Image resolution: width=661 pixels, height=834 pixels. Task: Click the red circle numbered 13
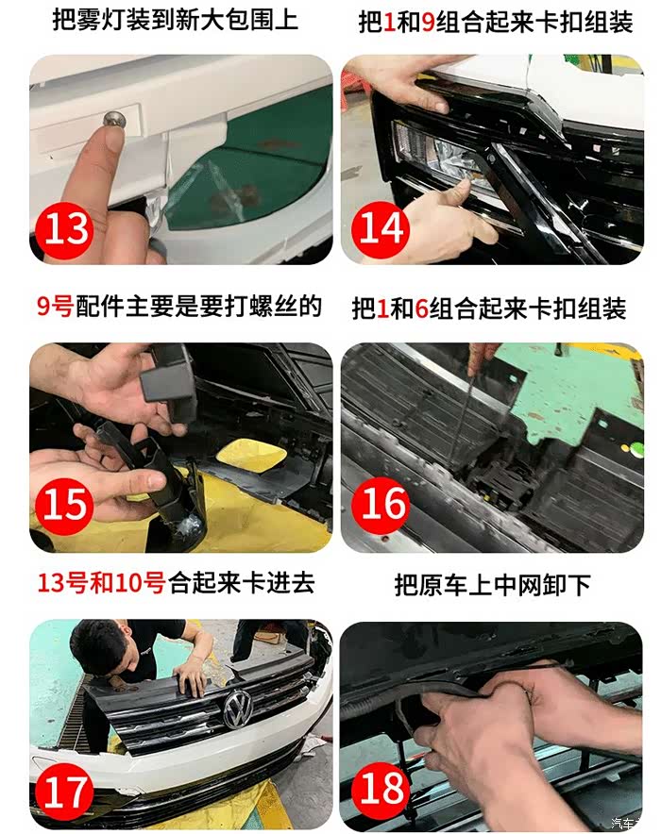(64, 230)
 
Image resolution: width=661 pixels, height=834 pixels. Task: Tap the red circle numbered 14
(381, 228)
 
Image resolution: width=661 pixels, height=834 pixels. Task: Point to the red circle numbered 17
(64, 792)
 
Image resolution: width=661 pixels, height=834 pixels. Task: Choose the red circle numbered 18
(381, 789)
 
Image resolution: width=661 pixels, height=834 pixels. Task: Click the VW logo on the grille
(238, 709)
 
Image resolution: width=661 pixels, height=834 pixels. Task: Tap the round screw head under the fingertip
(112, 118)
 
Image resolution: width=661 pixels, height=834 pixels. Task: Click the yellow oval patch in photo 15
(251, 457)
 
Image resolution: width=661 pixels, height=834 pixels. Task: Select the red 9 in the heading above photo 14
(428, 23)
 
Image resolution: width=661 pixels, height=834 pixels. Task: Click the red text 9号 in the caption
(55, 307)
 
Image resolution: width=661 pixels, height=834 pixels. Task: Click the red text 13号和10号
(101, 583)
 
